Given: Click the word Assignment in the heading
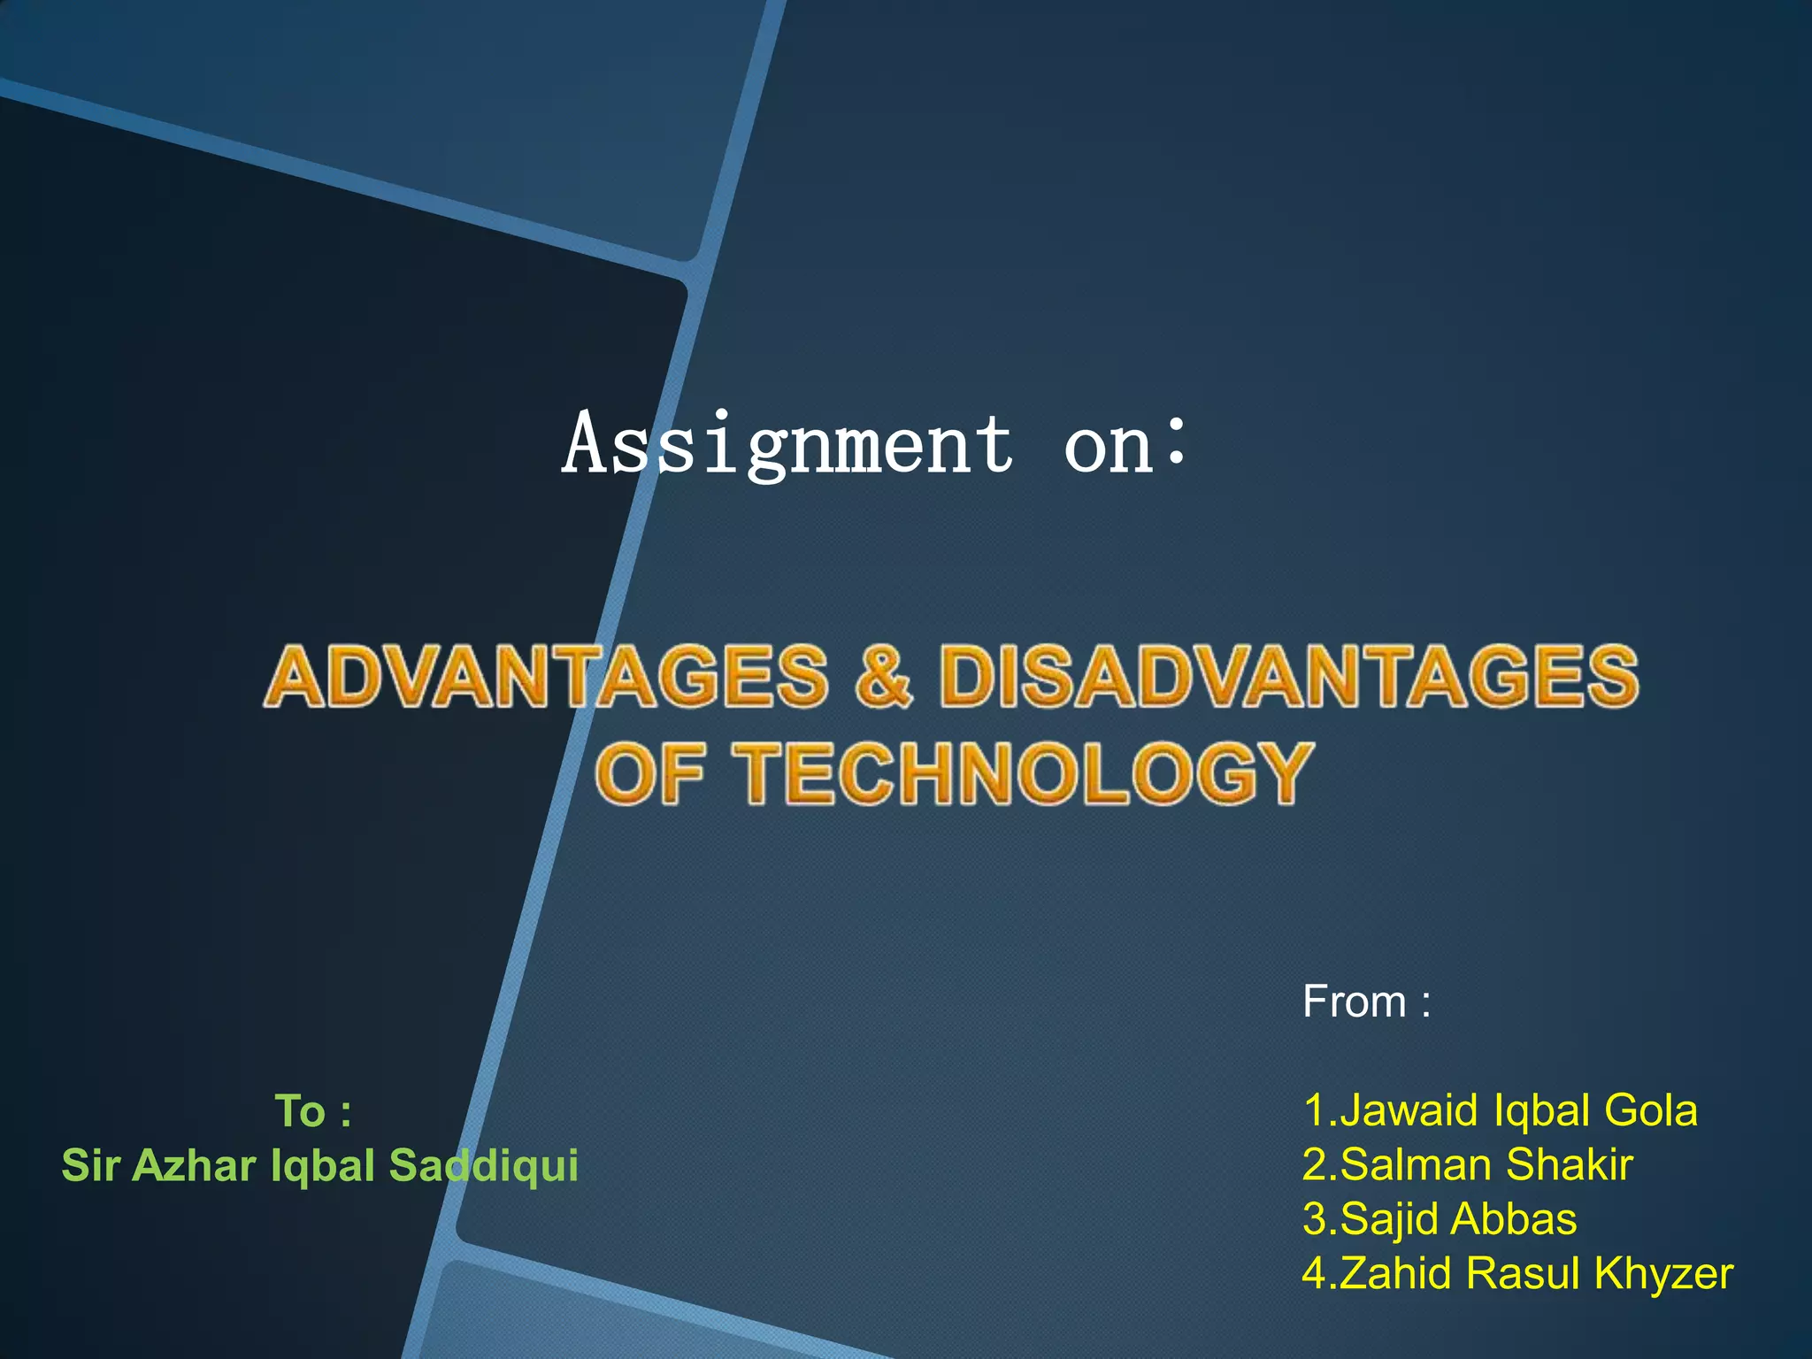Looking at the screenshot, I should coord(787,444).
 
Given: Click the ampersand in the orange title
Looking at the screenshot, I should coord(883,677).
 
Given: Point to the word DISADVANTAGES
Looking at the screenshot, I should coord(1288,677).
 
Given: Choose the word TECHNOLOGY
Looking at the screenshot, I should coord(1026,773).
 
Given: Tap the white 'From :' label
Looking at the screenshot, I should coord(1366,1002).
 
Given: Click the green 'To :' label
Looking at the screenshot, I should coord(314,1111).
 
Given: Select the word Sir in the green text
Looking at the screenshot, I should coord(90,1165).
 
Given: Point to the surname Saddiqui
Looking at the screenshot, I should coord(484,1165).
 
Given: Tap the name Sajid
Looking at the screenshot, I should coord(1389,1219).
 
